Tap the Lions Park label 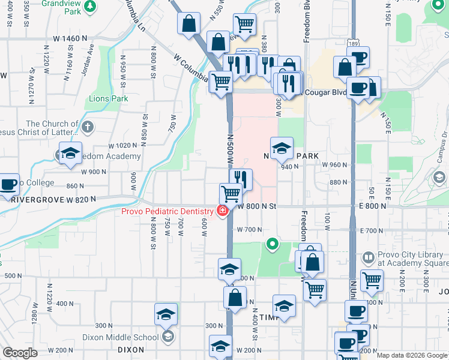point(109,98)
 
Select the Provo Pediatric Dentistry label point(166,211)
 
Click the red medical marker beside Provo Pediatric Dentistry point(223,211)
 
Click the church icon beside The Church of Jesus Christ point(88,127)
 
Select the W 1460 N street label point(70,38)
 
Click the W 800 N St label point(256,206)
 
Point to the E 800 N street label point(372,206)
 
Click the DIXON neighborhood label point(130,349)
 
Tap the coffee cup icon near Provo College point(8,185)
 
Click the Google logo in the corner point(20,353)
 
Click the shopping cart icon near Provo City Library point(372,280)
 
